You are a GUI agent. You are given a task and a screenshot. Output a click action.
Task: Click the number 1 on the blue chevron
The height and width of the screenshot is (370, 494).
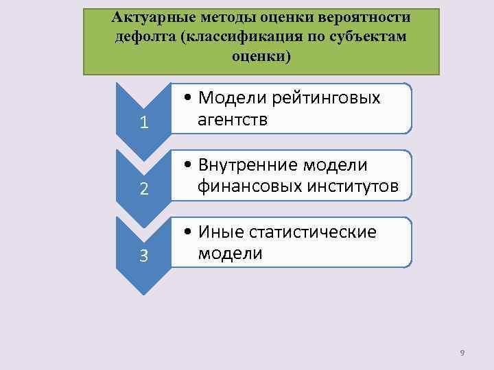click(143, 123)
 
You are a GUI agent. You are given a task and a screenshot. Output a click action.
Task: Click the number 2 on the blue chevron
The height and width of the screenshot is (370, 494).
click(143, 189)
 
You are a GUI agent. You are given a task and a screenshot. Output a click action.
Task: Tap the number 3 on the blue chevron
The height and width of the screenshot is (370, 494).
click(143, 256)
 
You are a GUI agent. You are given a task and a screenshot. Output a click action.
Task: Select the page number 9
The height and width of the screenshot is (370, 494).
click(462, 352)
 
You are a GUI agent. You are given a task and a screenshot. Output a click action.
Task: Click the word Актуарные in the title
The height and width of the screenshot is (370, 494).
click(147, 16)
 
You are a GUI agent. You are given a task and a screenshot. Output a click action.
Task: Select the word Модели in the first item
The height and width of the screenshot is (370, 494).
click(231, 99)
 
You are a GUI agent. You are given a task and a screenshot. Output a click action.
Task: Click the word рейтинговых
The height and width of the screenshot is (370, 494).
click(326, 99)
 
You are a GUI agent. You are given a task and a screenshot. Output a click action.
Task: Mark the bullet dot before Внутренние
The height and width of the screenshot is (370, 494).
click(187, 166)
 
